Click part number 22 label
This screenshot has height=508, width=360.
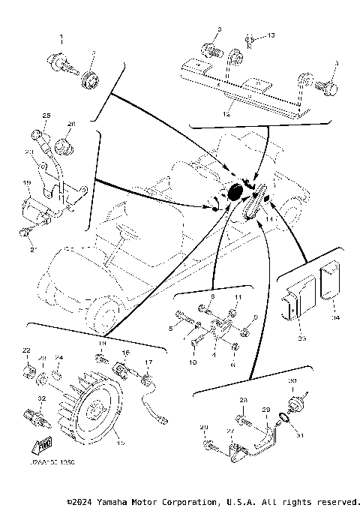25,351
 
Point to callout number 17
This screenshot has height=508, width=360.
148,362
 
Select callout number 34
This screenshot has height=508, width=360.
335,318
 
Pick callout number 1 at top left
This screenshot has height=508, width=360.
62,37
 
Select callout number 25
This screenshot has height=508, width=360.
46,115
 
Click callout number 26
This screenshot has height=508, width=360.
72,124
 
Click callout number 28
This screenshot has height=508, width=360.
243,401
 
